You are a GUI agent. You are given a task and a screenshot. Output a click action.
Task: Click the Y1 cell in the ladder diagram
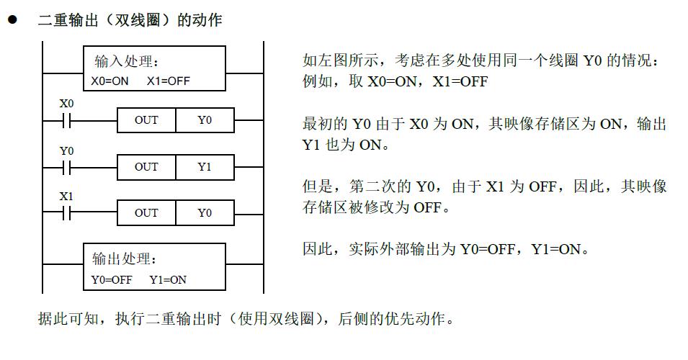tap(205, 167)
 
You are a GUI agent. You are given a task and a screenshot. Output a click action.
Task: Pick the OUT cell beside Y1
tap(146, 167)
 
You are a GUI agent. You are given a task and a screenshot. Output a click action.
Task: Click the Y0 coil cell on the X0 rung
tap(205, 120)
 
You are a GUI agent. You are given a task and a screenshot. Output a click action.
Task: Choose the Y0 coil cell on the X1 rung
tap(205, 213)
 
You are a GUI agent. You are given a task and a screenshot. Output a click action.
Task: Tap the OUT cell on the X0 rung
tap(146, 120)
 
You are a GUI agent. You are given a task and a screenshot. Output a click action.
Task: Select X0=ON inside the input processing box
tap(110, 81)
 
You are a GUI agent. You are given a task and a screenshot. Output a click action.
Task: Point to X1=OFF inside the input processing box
tap(168, 81)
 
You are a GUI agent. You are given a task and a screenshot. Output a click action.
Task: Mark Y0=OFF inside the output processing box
tap(112, 279)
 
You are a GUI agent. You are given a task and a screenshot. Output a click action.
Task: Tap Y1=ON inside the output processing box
tap(169, 279)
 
